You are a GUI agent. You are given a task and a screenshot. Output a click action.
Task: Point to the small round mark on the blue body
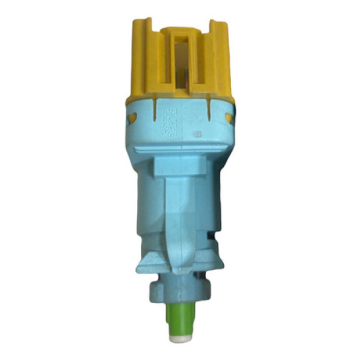(x=197, y=132)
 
